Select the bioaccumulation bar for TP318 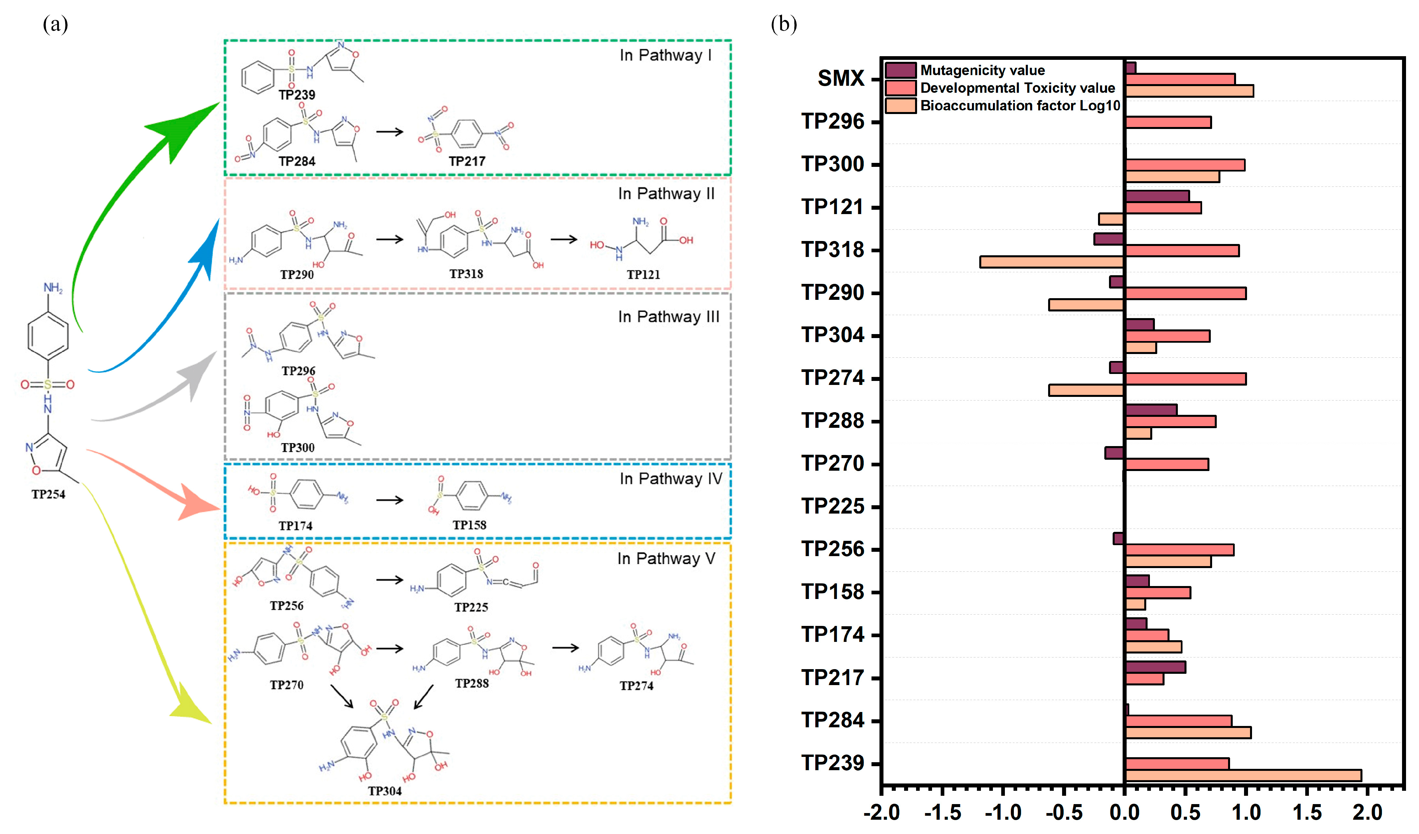click(x=1051, y=262)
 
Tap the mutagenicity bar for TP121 click(x=1157, y=196)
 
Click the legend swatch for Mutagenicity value click(x=900, y=70)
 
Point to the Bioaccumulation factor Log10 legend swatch click(x=900, y=106)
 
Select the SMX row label click(x=840, y=78)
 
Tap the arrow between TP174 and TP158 click(x=390, y=500)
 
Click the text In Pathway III click(x=668, y=317)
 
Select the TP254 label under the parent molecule click(x=49, y=494)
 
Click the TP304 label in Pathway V click(x=385, y=791)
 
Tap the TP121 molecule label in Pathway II click(x=643, y=275)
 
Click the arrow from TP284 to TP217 click(x=390, y=132)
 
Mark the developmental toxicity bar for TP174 click(x=1147, y=635)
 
